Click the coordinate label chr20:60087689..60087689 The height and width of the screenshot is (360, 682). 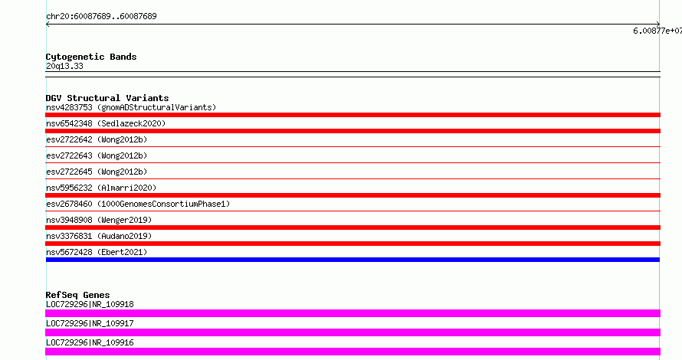[x=101, y=16]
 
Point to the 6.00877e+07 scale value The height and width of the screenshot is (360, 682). [x=657, y=31]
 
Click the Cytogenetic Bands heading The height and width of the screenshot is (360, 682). [x=91, y=57]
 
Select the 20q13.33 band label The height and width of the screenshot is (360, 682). [x=64, y=66]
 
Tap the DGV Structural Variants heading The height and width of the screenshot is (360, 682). [x=107, y=98]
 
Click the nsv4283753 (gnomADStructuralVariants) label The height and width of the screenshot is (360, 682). [x=131, y=107]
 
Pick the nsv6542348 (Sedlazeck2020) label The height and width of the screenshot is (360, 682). [x=106, y=123]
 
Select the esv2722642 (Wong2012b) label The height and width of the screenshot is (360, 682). [x=97, y=139]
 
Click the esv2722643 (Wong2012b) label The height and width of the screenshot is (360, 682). [x=97, y=155]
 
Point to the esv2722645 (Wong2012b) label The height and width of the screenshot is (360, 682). [x=97, y=172]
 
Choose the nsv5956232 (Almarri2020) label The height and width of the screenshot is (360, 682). [x=101, y=188]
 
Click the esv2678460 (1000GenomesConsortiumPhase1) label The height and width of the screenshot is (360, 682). [x=138, y=204]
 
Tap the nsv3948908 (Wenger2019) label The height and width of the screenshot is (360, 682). [x=99, y=220]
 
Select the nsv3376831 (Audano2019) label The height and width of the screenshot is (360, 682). [x=99, y=236]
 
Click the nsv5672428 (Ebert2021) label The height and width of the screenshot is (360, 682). [x=97, y=252]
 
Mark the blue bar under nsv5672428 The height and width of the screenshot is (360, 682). [x=352, y=260]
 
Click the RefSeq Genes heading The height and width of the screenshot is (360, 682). [x=77, y=295]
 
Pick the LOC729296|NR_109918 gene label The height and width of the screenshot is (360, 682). [x=90, y=304]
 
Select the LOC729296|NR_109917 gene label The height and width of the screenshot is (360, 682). [x=90, y=323]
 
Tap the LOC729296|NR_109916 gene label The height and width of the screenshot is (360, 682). [x=90, y=342]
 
